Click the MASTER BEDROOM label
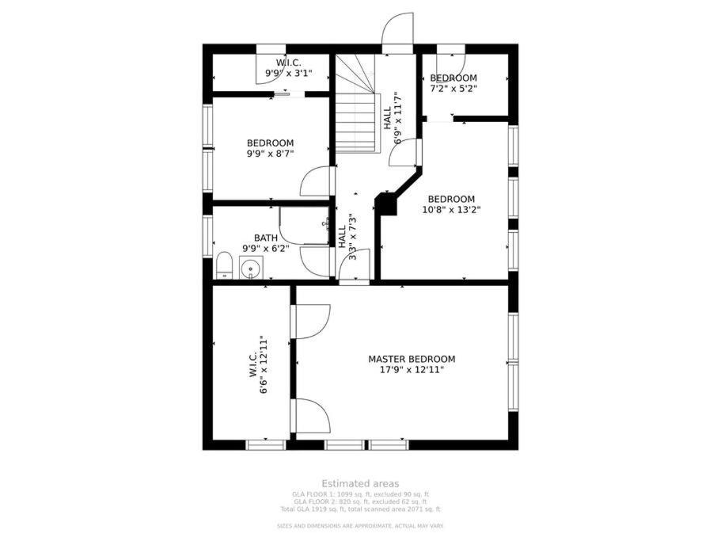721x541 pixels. pos(412,359)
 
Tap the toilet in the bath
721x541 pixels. pos(225,265)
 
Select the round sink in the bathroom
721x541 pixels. pos(251,268)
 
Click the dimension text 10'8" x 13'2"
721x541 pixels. pos(451,210)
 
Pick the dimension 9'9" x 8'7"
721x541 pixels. pos(271,153)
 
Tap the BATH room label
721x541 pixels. pos(266,238)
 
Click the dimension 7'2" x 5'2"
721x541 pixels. pos(453,89)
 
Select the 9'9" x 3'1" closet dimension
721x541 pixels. pos(289,73)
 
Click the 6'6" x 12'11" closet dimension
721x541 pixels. pos(264,364)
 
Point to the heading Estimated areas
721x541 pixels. pos(361,483)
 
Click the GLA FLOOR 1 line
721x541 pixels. pos(361,494)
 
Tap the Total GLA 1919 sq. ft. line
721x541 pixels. pos(361,509)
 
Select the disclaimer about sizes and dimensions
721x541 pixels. pos(361,526)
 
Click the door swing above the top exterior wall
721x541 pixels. pos(398,29)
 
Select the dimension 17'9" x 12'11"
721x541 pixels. pos(412,370)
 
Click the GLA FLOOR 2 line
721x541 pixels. pos(361,502)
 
